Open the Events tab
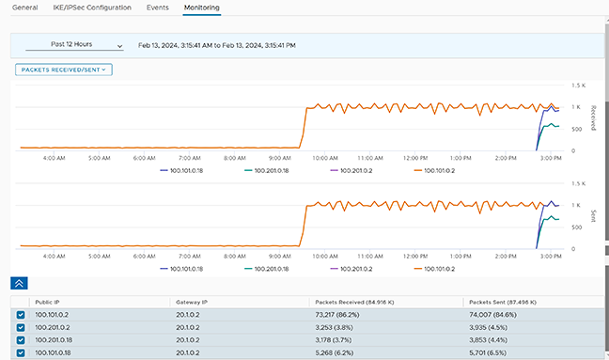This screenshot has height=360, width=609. [x=157, y=8]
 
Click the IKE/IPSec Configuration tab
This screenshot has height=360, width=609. [x=92, y=8]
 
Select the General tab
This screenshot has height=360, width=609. [x=24, y=8]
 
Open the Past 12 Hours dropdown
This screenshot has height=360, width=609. [x=74, y=45]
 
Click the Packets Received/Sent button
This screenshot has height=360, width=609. [x=64, y=70]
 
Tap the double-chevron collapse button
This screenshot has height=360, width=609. [x=19, y=283]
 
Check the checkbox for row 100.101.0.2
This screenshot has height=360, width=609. [x=21, y=315]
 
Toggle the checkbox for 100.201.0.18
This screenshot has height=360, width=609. [x=21, y=340]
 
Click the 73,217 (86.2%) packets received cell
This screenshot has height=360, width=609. [x=337, y=315]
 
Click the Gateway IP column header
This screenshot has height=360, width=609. [x=192, y=302]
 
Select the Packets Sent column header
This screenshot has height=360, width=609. [x=503, y=302]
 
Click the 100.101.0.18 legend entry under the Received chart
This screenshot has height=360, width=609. [x=181, y=170]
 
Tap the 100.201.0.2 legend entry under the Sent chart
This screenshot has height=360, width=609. [x=351, y=269]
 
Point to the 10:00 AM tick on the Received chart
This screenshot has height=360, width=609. [x=325, y=158]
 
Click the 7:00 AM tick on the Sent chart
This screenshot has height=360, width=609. [x=190, y=257]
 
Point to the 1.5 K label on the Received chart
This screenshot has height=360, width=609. [x=578, y=86]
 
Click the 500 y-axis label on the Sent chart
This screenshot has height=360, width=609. [x=576, y=227]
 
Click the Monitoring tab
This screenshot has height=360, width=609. [x=201, y=8]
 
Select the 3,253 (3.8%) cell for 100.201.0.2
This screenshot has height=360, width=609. [x=334, y=327]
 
